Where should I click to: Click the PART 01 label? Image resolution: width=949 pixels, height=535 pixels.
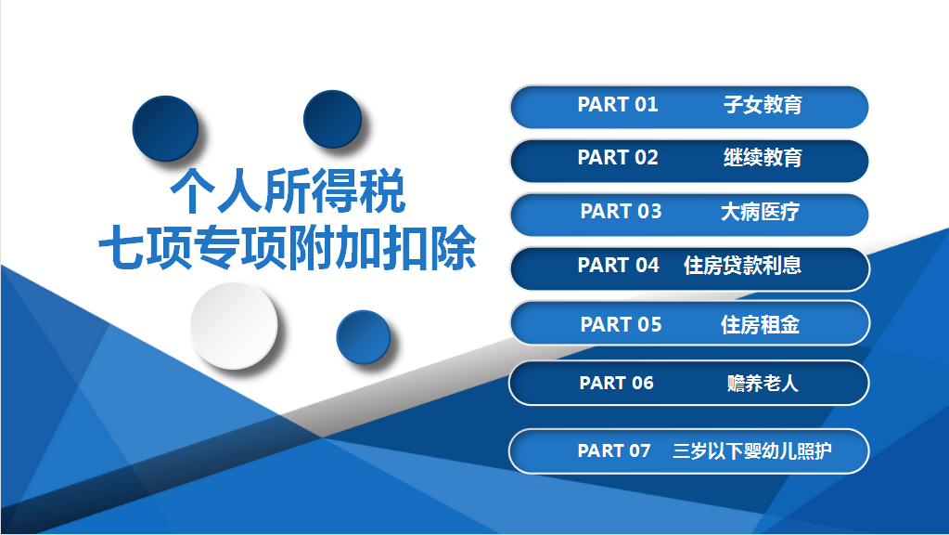pyautogui.click(x=617, y=104)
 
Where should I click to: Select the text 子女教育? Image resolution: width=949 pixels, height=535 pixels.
pyautogui.click(x=763, y=104)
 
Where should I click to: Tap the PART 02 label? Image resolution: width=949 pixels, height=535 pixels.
pyautogui.click(x=617, y=158)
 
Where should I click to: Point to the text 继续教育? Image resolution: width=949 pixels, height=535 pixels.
pyautogui.click(x=763, y=158)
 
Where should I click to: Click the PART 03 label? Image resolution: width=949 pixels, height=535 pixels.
pyautogui.click(x=621, y=212)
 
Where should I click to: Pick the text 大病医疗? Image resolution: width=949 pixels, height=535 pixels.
pyautogui.click(x=760, y=212)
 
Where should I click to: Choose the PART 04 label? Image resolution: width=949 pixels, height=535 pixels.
pyautogui.click(x=618, y=265)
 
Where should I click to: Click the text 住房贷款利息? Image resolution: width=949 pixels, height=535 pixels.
pyautogui.click(x=742, y=265)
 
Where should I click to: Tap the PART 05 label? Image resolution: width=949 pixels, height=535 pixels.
pyautogui.click(x=621, y=324)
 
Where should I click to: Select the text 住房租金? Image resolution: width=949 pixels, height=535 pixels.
pyautogui.click(x=760, y=324)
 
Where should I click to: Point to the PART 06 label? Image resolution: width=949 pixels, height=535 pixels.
pyautogui.click(x=616, y=383)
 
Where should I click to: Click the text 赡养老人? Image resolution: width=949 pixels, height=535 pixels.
pyautogui.click(x=763, y=383)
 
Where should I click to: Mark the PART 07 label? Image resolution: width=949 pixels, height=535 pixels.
pyautogui.click(x=614, y=450)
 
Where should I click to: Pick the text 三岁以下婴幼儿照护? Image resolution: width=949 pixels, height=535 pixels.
pyautogui.click(x=751, y=450)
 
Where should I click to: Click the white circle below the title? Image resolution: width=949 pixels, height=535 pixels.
pyautogui.click(x=234, y=325)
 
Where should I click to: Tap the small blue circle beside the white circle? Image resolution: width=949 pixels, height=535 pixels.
pyautogui.click(x=363, y=337)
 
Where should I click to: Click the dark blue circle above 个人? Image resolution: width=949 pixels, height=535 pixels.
pyautogui.click(x=165, y=128)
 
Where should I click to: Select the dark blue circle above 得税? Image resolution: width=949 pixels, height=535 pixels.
pyautogui.click(x=332, y=120)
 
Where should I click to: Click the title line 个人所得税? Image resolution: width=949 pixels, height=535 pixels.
pyautogui.click(x=288, y=190)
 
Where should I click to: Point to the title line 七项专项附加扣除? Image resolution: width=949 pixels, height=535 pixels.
pyautogui.click(x=288, y=247)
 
